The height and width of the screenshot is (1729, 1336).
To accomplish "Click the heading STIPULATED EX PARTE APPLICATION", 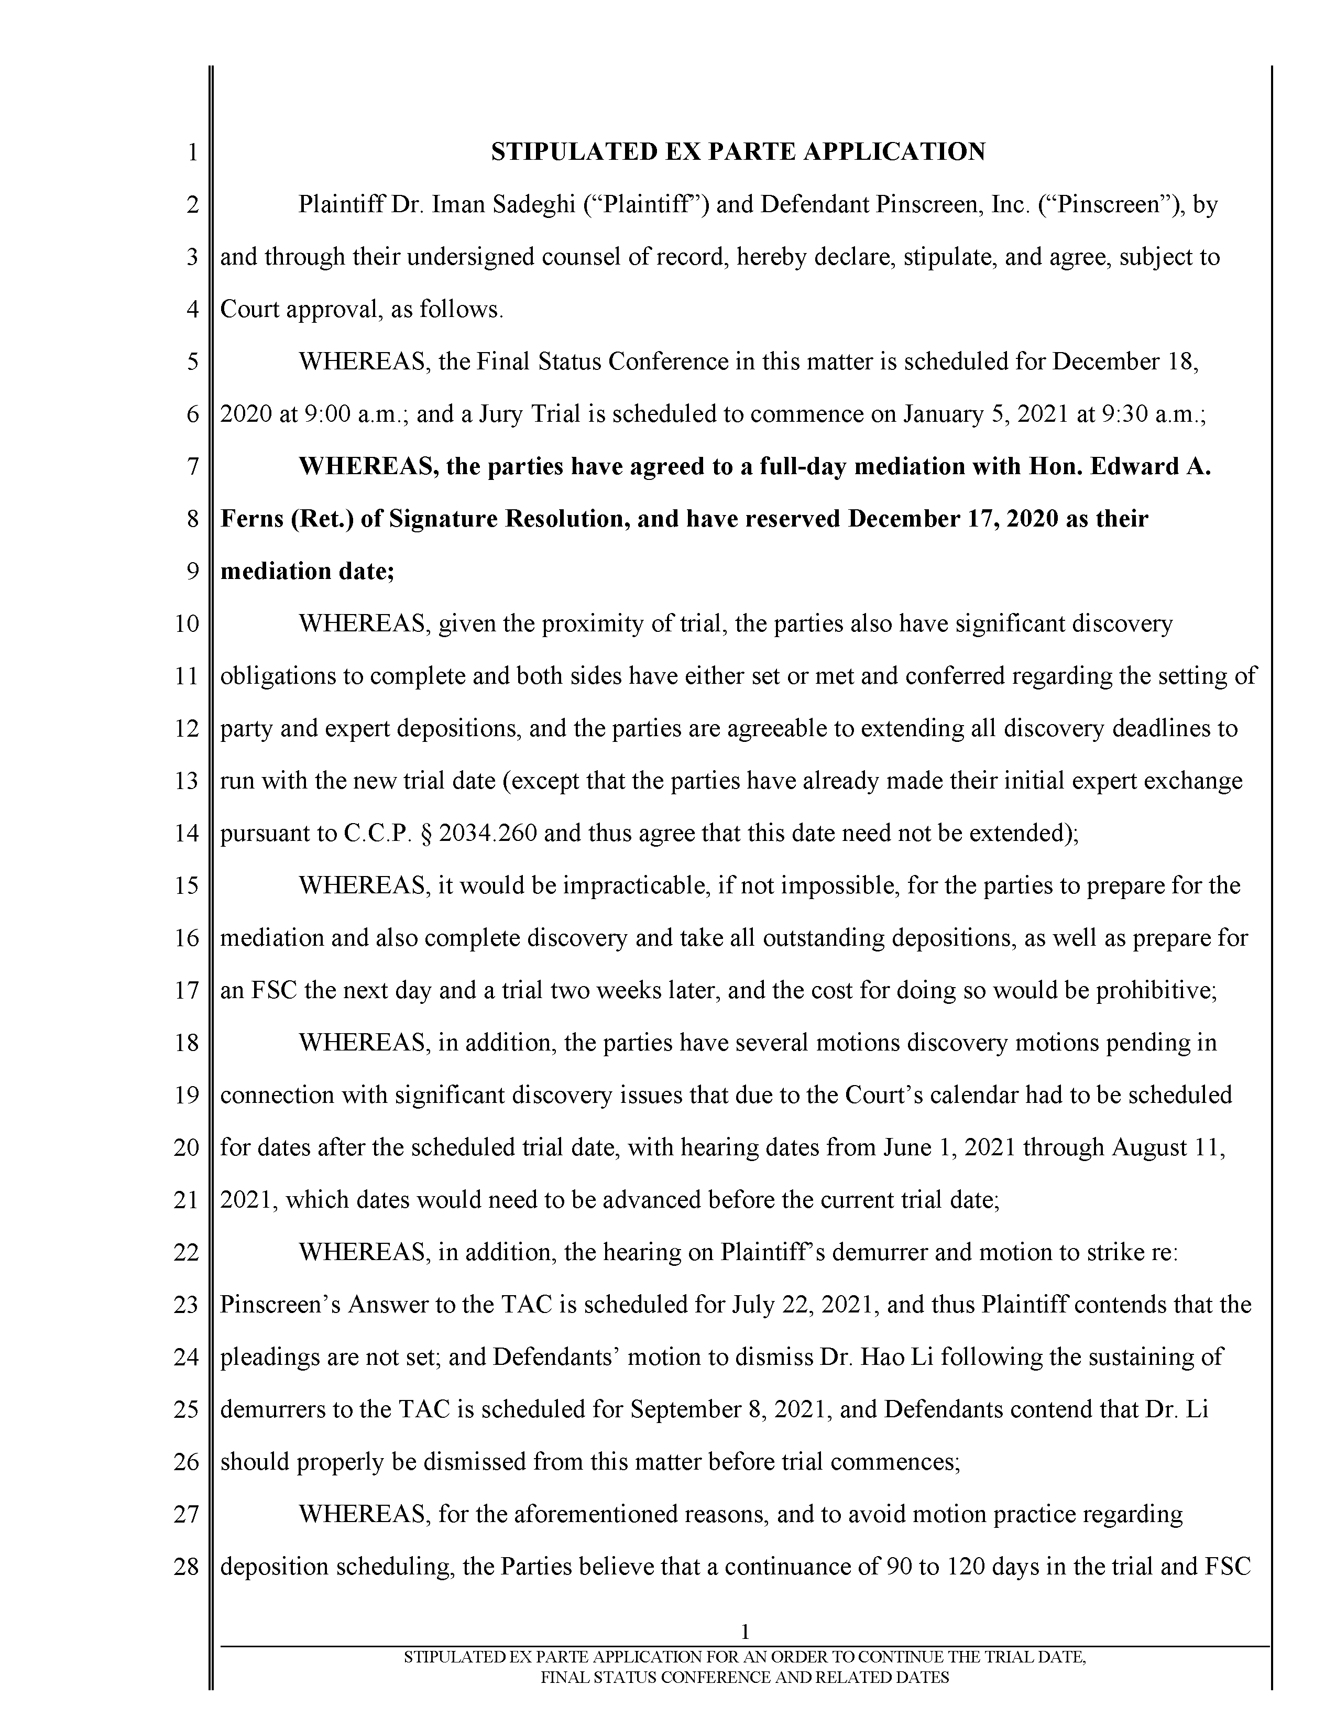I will point(738,151).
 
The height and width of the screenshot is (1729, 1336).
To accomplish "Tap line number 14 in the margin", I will point(186,834).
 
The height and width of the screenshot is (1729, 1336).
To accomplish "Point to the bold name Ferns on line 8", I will point(251,519).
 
